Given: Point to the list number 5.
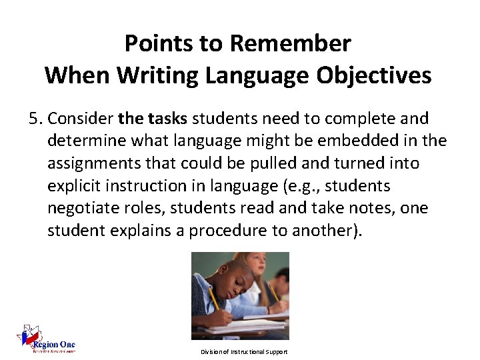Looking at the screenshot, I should [x=35, y=119].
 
